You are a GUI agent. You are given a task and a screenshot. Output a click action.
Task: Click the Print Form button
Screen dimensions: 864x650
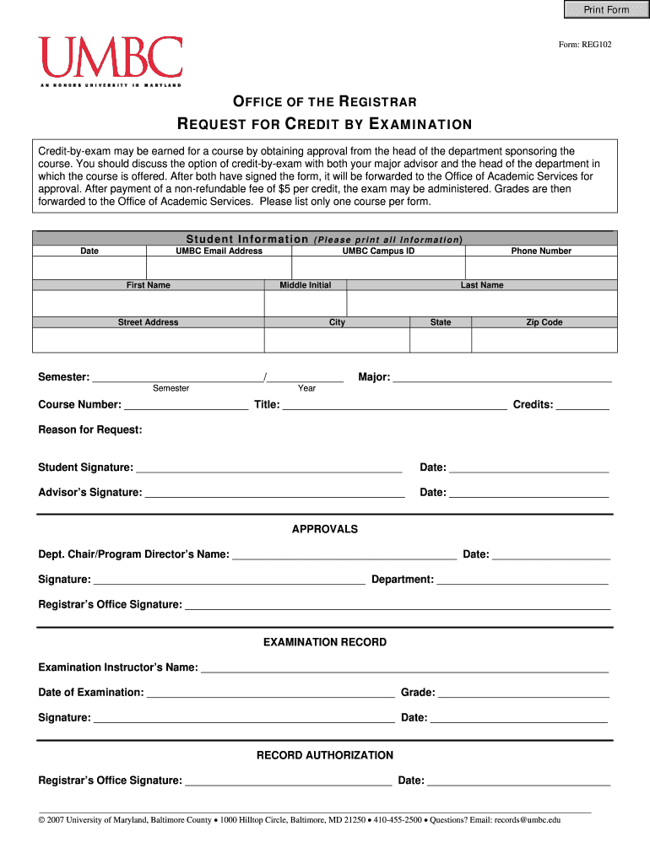(x=606, y=10)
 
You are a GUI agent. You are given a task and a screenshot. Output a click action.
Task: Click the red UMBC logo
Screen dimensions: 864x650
(x=110, y=57)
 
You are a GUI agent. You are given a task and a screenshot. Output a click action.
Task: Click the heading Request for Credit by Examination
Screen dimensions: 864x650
(x=324, y=125)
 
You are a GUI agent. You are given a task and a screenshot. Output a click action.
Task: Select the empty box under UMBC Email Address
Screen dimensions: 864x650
(x=219, y=267)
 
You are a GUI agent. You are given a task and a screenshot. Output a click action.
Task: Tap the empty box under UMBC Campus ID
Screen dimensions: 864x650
(x=378, y=267)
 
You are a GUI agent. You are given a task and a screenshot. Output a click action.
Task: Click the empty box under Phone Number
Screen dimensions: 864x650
(x=540, y=267)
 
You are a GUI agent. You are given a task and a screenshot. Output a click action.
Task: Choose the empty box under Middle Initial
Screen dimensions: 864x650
(x=305, y=303)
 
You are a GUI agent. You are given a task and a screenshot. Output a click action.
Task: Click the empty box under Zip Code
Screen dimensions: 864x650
(x=544, y=339)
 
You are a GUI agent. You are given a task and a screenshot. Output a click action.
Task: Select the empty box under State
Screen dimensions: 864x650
(x=440, y=339)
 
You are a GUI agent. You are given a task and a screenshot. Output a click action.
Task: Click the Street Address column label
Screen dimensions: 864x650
(x=148, y=322)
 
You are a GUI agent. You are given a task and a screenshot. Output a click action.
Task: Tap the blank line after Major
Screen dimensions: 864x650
(x=502, y=379)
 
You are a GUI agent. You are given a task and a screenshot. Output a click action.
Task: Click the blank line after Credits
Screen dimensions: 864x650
(x=582, y=406)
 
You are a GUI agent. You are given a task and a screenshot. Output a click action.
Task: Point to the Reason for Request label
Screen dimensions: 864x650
(x=90, y=430)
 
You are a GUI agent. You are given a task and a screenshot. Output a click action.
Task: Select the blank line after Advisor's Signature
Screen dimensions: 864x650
(x=274, y=494)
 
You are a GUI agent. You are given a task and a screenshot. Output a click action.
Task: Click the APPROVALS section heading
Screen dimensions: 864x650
(x=324, y=530)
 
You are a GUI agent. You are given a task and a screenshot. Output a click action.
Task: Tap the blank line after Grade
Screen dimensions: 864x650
(x=523, y=694)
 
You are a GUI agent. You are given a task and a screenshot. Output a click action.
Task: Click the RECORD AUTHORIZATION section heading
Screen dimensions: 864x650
(x=324, y=755)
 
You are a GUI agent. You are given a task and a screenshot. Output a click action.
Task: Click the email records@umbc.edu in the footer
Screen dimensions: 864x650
(x=527, y=819)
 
